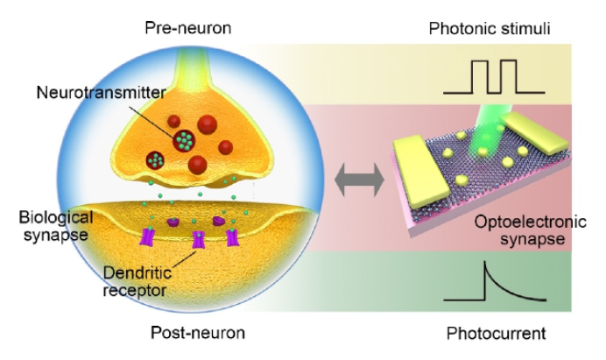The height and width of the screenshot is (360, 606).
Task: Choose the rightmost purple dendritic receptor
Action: point(231,236)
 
